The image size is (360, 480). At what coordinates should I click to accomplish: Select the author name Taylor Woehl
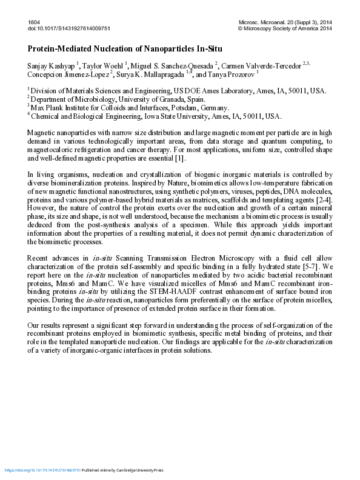(x=102, y=65)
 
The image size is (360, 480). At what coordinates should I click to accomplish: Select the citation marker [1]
(x=180, y=158)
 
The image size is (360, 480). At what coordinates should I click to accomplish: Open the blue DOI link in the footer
(x=42, y=470)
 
